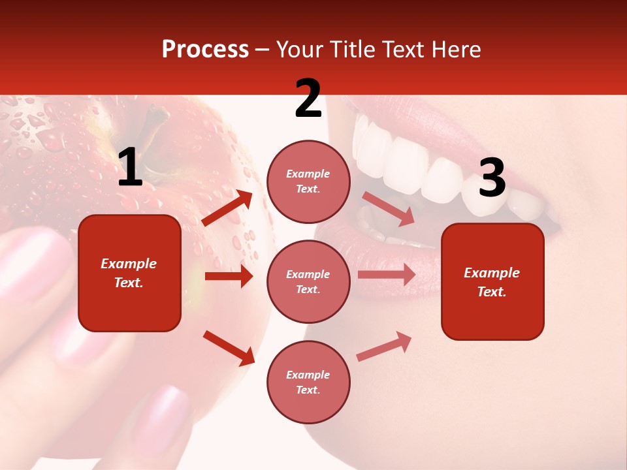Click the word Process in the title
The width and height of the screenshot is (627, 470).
[x=205, y=50]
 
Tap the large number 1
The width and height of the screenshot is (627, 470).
[x=130, y=168]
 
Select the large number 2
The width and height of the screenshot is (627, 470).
[x=308, y=99]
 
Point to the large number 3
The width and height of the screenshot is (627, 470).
[x=492, y=178]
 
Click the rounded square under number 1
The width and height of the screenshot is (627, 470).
[x=129, y=273]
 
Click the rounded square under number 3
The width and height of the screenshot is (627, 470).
[x=492, y=281]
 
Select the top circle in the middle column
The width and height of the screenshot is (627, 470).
[x=308, y=181]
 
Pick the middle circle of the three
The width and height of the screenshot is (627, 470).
[x=308, y=281]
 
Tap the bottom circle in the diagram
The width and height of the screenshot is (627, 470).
[x=308, y=382]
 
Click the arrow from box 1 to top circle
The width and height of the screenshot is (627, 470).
[x=227, y=208]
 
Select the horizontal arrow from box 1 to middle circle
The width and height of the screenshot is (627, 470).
[x=229, y=276]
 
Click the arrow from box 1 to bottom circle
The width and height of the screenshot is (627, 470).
[x=229, y=348]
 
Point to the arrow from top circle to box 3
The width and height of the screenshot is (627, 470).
[x=388, y=208]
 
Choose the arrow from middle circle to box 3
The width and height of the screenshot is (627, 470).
[x=386, y=275]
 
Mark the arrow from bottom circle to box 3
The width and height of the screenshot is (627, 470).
[x=384, y=347]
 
